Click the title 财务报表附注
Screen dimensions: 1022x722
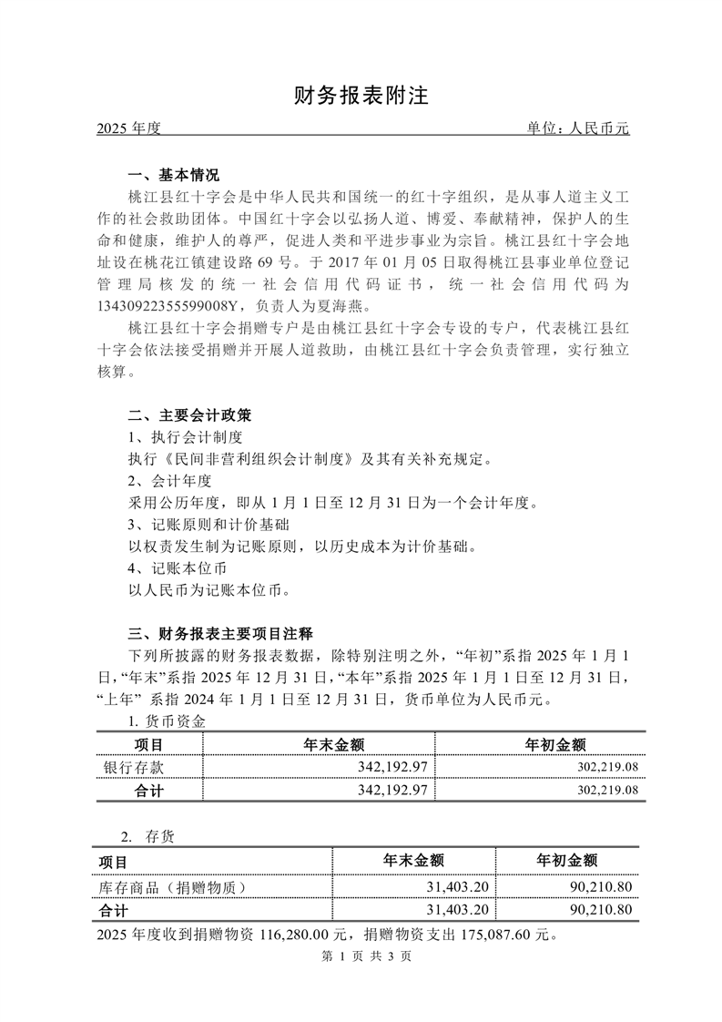click(x=361, y=97)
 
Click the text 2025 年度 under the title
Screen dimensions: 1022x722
click(x=127, y=129)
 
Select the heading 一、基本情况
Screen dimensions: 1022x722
click(x=173, y=175)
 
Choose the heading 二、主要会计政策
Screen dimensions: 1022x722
click(x=188, y=415)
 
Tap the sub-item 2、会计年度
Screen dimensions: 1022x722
click(x=169, y=481)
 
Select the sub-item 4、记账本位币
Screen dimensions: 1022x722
click(x=177, y=569)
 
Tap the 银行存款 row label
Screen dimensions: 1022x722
click(x=135, y=768)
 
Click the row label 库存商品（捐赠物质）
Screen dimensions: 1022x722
click(x=172, y=886)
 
